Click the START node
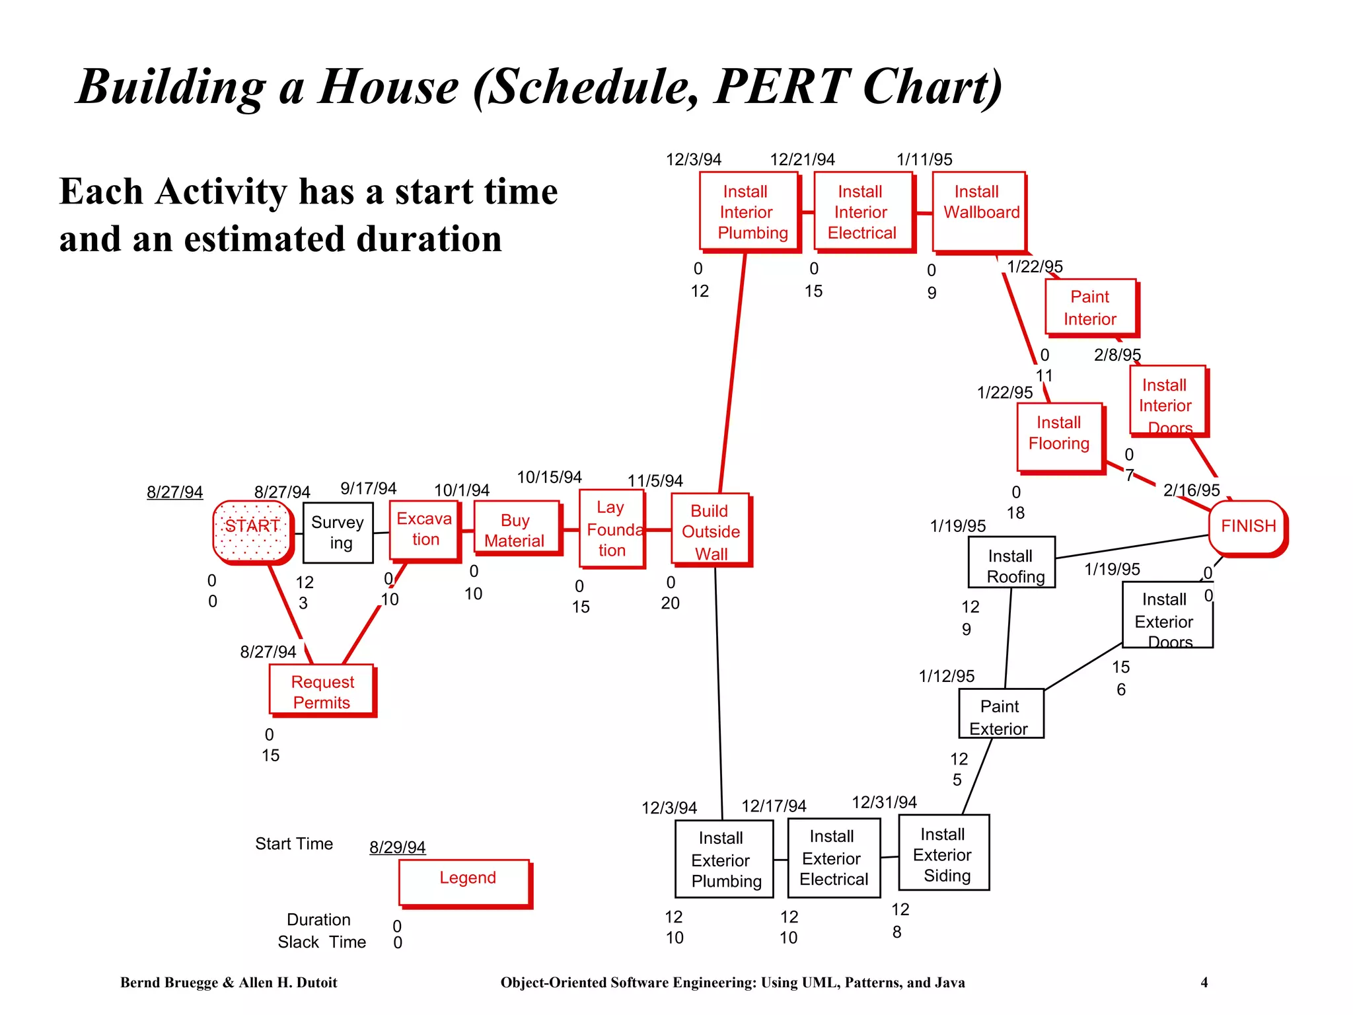252,531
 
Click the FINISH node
1247,527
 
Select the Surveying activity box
338,533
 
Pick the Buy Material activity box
516,529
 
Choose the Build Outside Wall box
710,530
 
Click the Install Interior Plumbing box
749,211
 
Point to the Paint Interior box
1090,307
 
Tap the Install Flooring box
1060,437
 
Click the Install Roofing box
1011,562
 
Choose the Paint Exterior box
1001,714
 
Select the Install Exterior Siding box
944,852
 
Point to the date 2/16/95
1191,490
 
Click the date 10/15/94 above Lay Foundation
549,477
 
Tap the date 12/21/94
802,159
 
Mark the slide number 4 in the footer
1204,983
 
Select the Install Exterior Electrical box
834,858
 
